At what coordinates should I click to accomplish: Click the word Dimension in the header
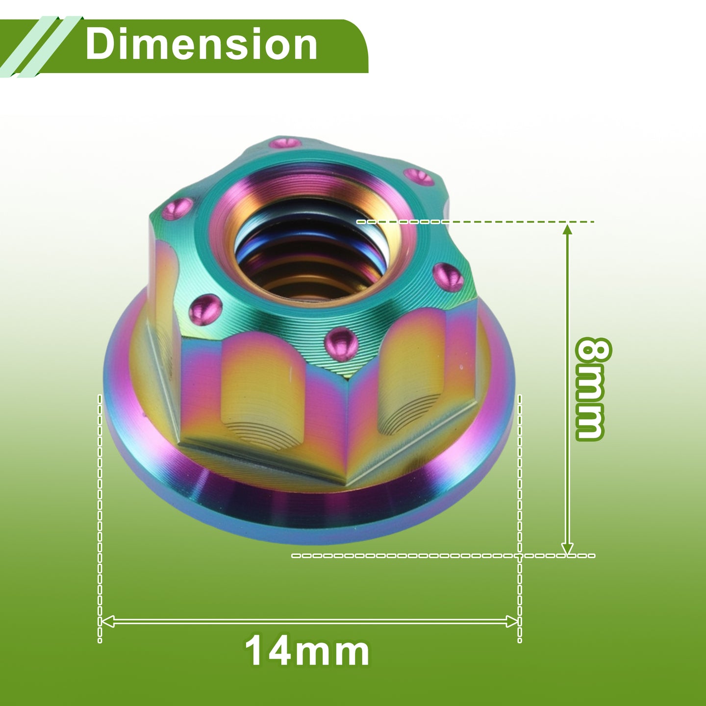click(x=201, y=44)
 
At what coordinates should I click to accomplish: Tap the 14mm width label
click(x=307, y=652)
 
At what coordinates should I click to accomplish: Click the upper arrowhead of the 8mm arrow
click(x=567, y=230)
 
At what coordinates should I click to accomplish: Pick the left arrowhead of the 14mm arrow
click(x=108, y=621)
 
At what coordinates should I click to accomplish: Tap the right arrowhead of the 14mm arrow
click(x=512, y=621)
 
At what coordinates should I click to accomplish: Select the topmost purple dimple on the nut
click(x=285, y=142)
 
